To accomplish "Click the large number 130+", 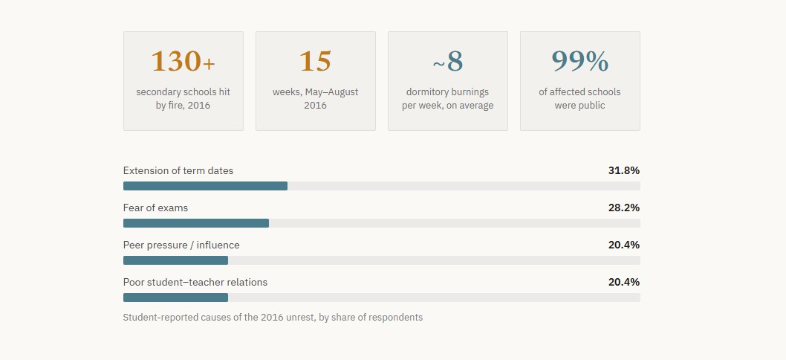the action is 183,61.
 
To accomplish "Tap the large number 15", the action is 315,61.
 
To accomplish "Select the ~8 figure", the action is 448,61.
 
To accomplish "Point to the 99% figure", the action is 580,61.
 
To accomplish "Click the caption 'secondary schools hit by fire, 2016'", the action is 183,98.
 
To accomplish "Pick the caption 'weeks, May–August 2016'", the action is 315,98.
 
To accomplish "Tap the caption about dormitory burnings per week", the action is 448,98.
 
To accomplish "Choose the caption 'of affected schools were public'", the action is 580,98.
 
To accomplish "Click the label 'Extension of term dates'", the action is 178,171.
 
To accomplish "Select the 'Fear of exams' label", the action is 155,208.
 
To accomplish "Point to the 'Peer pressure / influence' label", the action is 181,245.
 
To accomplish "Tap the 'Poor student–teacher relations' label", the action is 195,282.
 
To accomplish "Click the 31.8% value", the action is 624,171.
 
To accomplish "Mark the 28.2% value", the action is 624,208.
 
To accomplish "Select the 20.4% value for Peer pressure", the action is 624,245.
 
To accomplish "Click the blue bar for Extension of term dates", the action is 206,186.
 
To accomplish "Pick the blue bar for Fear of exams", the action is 196,223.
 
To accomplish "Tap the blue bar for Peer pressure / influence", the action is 175,260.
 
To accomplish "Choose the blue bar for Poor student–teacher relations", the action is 175,298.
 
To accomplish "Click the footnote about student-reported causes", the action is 273,318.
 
